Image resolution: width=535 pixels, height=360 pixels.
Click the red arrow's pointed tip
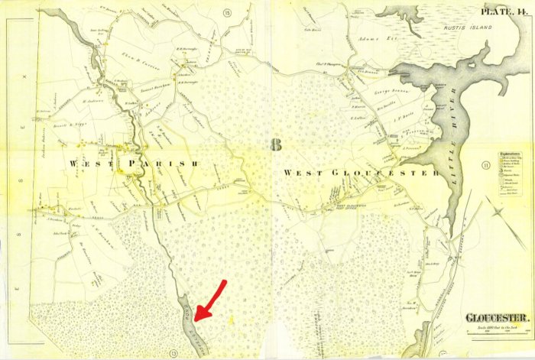[196, 318]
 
